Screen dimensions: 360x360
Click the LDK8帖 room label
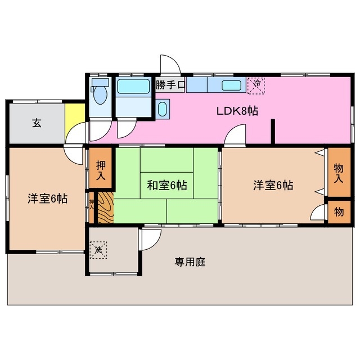click(x=237, y=111)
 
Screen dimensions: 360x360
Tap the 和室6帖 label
click(x=167, y=184)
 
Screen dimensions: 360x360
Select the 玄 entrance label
click(x=36, y=124)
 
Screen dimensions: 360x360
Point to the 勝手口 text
click(x=170, y=85)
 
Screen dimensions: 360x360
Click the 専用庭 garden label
click(x=190, y=262)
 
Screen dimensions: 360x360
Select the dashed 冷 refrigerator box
click(x=256, y=84)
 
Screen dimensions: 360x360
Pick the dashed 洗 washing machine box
click(x=97, y=249)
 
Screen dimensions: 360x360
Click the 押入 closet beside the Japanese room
click(x=101, y=169)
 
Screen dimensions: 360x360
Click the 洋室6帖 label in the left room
click(x=48, y=199)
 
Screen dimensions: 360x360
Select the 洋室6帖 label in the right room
click(x=273, y=184)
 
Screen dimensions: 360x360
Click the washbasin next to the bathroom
click(x=163, y=109)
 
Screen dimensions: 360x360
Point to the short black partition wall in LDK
click(x=273, y=132)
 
